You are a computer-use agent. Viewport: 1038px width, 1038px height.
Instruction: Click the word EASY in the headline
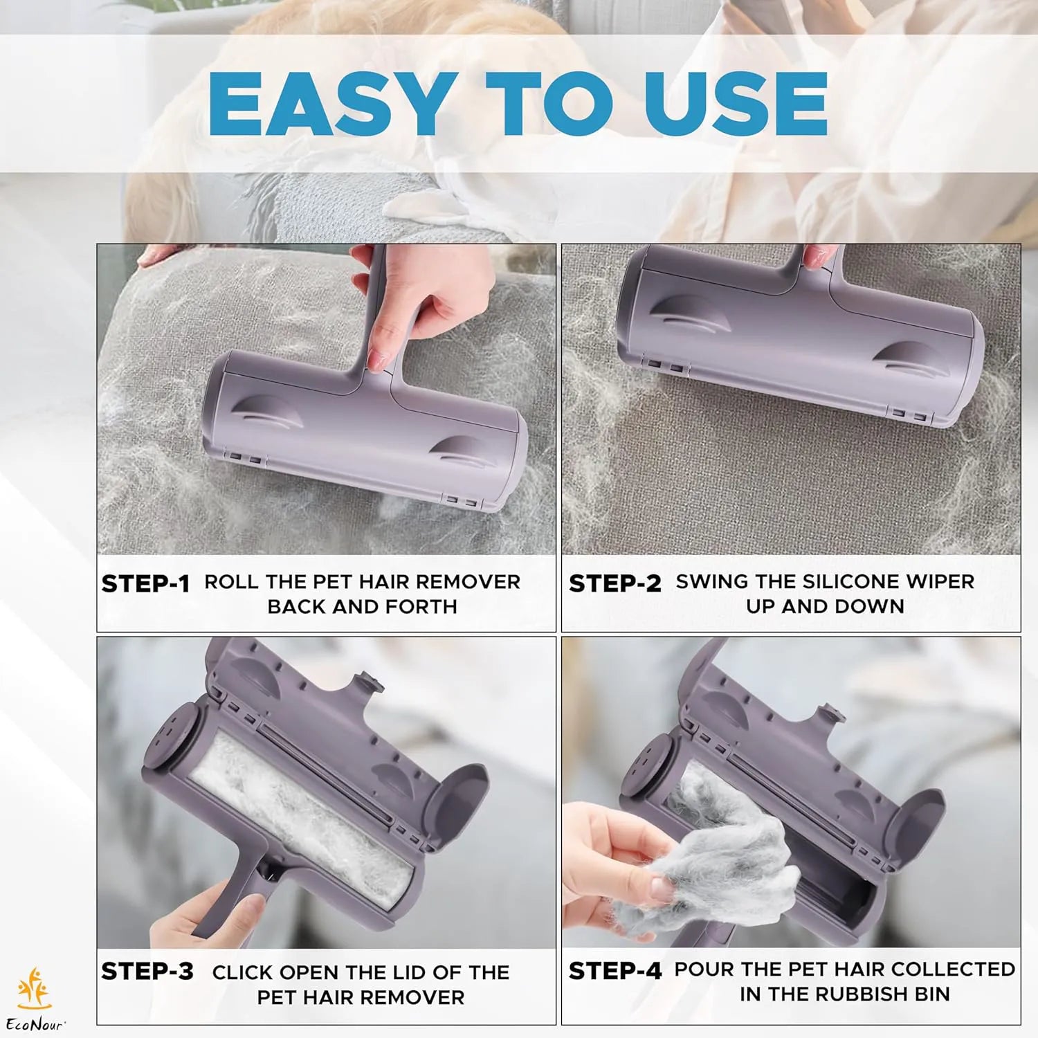[328, 104]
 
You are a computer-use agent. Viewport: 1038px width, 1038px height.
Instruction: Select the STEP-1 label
[145, 584]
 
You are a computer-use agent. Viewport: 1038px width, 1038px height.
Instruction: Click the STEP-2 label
[614, 583]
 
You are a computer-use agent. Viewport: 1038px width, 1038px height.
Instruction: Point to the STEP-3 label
[147, 972]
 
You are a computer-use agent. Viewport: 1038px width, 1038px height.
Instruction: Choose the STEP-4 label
[615, 971]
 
